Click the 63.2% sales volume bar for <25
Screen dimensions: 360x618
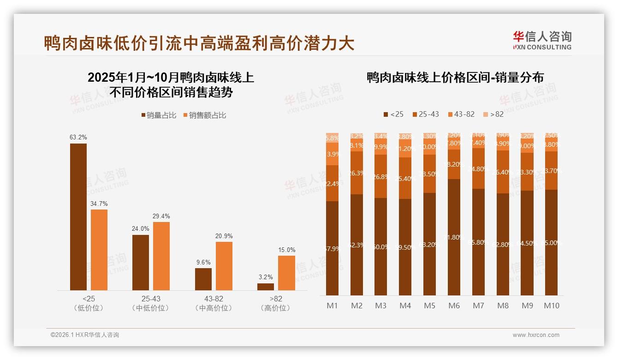pos(78,217)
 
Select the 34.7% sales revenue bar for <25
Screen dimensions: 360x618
pos(99,250)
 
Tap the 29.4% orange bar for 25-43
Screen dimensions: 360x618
pos(161,256)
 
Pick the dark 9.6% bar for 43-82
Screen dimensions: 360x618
pos(203,279)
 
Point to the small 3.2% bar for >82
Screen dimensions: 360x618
pos(266,287)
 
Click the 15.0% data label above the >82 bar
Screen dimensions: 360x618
pos(286,250)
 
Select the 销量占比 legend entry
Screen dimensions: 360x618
pos(158,115)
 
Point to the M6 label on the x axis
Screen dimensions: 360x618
pos(454,306)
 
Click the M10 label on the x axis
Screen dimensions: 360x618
pos(552,306)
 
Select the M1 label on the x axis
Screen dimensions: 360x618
pos(332,306)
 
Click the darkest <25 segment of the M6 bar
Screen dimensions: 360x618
pos(454,237)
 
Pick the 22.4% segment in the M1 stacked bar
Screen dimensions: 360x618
pos(332,183)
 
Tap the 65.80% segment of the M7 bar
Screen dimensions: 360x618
pos(478,242)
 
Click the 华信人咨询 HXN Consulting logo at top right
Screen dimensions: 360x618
pos(542,41)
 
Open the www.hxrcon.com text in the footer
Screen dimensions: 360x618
pos(536,335)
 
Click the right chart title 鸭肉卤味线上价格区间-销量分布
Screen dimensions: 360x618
pos(455,78)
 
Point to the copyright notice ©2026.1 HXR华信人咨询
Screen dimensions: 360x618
pos(85,335)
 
